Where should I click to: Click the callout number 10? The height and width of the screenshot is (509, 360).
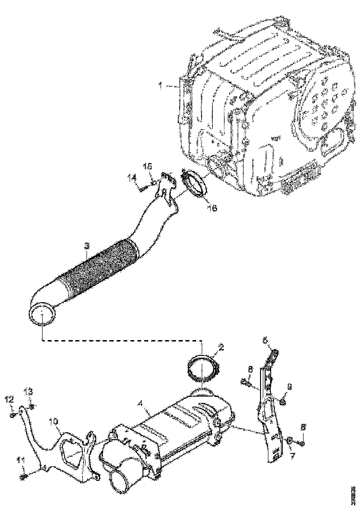[x=55, y=422]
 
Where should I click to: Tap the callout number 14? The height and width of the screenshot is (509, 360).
[x=132, y=177]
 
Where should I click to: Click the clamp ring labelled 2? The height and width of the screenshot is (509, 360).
[x=202, y=368]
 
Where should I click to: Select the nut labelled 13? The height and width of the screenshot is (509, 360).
[x=31, y=407]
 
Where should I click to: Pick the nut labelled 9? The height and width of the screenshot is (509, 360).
[x=282, y=402]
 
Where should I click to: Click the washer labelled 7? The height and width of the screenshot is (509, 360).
[x=288, y=440]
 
